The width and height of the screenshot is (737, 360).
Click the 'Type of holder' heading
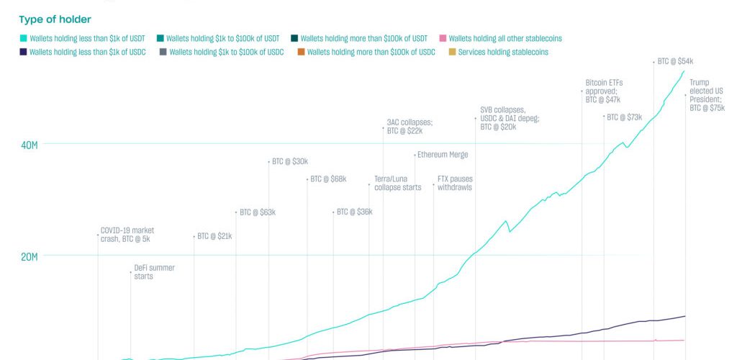(x=55, y=19)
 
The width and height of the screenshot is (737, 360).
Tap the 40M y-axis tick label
(x=29, y=145)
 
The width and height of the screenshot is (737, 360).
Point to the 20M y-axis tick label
(x=29, y=256)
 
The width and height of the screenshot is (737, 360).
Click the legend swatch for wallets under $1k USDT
(x=23, y=38)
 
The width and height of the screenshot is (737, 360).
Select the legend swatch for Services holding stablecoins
(x=452, y=53)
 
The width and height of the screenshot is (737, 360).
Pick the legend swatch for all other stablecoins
(x=443, y=38)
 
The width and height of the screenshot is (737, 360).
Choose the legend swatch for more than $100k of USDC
(x=301, y=53)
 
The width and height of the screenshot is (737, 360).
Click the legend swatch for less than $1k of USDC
(x=23, y=53)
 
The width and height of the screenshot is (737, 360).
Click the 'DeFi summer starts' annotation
(x=154, y=271)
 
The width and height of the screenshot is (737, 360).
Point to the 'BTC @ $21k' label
(x=214, y=236)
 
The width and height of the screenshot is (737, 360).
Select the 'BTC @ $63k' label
(x=258, y=212)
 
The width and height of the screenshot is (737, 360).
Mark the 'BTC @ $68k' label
(x=328, y=179)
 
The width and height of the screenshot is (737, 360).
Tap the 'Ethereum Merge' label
(x=442, y=155)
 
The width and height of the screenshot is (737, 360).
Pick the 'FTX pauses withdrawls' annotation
(x=454, y=183)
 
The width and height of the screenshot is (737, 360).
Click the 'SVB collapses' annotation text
(x=509, y=118)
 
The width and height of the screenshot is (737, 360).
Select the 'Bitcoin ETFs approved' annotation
(x=603, y=91)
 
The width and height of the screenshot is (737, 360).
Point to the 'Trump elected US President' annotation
(x=706, y=95)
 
